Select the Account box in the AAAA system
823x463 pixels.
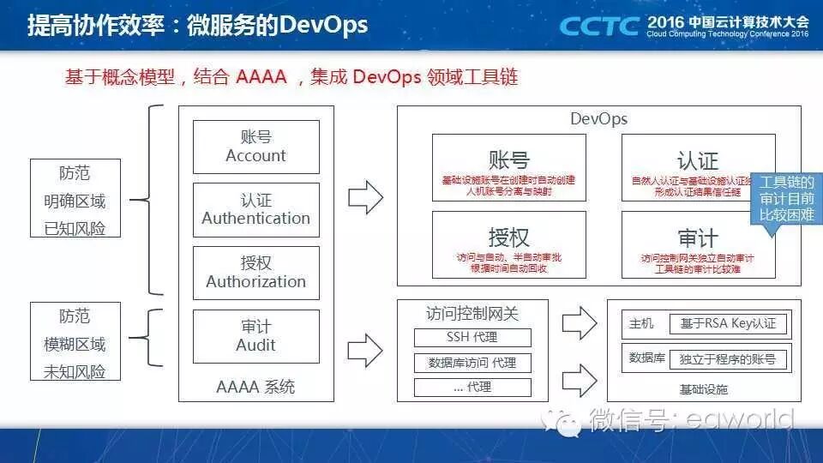pyautogui.click(x=255, y=147)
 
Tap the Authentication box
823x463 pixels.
pyautogui.click(x=255, y=209)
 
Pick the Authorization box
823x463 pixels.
pyautogui.click(x=255, y=273)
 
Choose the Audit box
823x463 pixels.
pyautogui.click(x=255, y=335)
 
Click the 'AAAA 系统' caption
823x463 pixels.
pyautogui.click(x=255, y=388)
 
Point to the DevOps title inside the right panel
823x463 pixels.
pyautogui.click(x=598, y=119)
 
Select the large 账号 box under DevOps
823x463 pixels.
pyautogui.click(x=508, y=167)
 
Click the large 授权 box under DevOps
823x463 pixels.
pyautogui.click(x=508, y=244)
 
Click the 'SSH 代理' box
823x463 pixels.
pyautogui.click(x=472, y=337)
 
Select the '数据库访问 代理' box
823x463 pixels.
pyautogui.click(x=472, y=363)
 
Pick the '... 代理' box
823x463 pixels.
pyautogui.click(x=472, y=388)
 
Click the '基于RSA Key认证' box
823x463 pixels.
pyautogui.click(x=728, y=324)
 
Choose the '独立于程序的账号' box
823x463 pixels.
pyautogui.click(x=728, y=358)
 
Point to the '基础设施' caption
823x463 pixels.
pyautogui.click(x=703, y=389)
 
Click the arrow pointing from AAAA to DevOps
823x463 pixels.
pyautogui.click(x=366, y=196)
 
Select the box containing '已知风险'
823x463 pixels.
pyautogui.click(x=75, y=198)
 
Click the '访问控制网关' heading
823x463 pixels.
pyautogui.click(x=472, y=314)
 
